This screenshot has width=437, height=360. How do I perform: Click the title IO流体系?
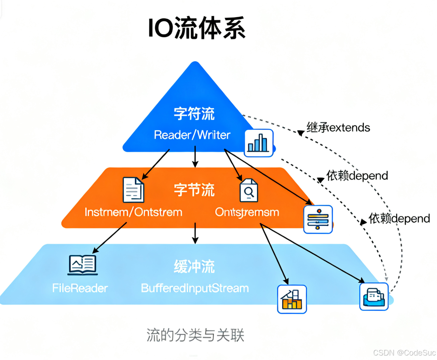tap(196, 28)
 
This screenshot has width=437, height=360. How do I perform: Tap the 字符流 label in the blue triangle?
tap(194, 114)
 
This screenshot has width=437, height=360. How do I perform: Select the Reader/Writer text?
tap(192, 135)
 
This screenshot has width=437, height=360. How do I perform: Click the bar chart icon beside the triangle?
tap(259, 143)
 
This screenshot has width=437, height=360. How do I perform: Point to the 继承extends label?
tap(338, 128)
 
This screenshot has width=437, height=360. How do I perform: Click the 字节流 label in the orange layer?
tap(194, 190)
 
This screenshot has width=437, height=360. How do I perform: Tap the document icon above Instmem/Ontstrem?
tap(133, 190)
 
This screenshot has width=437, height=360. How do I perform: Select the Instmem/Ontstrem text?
tap(133, 212)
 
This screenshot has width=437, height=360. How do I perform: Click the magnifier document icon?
tap(249, 191)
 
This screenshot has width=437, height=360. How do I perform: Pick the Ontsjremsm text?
tap(247, 212)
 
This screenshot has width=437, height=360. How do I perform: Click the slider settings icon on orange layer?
tap(318, 219)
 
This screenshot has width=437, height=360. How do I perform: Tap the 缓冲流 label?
tap(194, 267)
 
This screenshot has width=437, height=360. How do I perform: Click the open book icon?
tap(83, 265)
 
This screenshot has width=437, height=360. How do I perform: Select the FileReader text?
tap(80, 288)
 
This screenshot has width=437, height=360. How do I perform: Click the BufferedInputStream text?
tap(195, 288)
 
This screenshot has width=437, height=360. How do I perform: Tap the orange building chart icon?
tap(292, 299)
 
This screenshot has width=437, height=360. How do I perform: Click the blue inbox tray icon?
tap(374, 297)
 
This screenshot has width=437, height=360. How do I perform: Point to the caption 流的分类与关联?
tap(195, 335)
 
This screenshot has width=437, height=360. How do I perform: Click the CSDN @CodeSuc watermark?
tap(404, 352)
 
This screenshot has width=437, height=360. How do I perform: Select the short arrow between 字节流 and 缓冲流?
tap(195, 233)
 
